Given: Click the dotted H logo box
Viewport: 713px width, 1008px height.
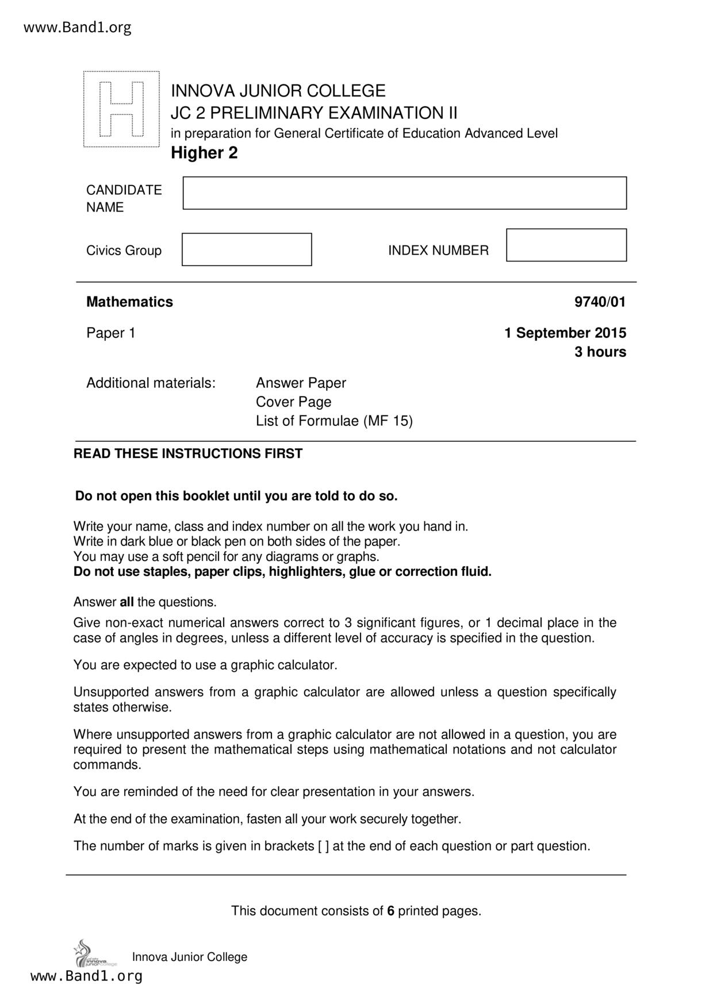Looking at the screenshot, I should coord(121,109).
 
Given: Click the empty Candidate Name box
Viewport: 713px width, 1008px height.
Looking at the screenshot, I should coord(404,193).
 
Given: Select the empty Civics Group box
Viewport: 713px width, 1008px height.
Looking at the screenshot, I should coord(247,249).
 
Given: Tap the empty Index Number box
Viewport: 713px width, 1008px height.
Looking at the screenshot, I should coord(566,245).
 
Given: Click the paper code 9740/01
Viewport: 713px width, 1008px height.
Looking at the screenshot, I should coord(600,302).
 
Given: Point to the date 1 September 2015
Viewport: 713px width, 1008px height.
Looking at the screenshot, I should coord(565,333).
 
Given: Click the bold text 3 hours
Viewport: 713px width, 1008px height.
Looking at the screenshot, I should coord(600,352).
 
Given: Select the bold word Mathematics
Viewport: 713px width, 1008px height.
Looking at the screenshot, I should coord(129,302).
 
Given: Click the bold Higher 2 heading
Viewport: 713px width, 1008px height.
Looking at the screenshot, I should coord(204,153).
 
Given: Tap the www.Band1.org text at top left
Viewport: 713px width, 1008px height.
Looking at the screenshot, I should coord(78,27).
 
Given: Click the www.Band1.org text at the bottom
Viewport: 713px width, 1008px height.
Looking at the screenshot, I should coord(86,976).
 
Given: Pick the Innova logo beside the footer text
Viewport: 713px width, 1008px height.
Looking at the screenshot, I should coord(92,955).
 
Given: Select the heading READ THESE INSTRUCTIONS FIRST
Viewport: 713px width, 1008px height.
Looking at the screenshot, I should coord(188,453).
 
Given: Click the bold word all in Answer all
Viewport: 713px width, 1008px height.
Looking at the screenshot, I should coord(126,602).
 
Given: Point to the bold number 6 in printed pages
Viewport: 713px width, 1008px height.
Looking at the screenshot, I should coord(390,911).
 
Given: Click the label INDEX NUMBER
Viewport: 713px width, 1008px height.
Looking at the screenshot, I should coord(438,251).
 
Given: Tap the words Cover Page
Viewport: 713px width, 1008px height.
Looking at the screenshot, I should coord(293,402).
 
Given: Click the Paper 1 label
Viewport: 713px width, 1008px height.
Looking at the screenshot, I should coord(111,333).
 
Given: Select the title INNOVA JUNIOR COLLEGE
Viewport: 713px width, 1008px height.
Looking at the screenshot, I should coord(278,91).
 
